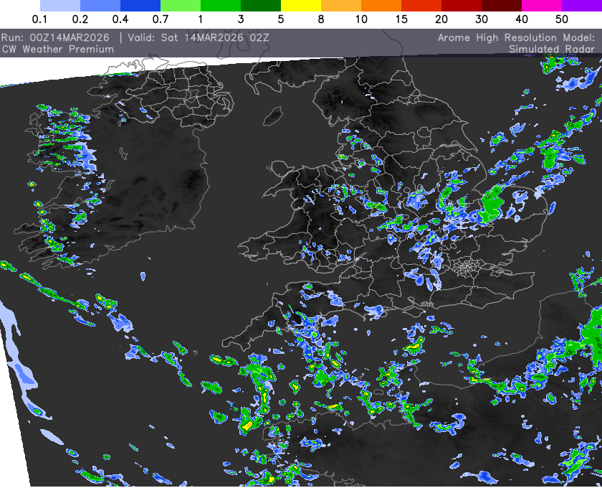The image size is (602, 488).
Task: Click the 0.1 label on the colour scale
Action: pos(40,19)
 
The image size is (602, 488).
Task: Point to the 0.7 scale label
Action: pos(161,19)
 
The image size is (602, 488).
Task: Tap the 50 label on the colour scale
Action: pos(562,19)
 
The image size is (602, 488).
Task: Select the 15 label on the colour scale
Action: pos(401,19)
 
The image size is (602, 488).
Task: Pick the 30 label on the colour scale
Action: pos(482,19)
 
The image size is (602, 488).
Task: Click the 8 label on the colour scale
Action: pos(321,19)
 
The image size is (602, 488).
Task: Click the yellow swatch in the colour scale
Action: pos(301,4)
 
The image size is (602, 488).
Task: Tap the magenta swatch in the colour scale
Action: pos(542,4)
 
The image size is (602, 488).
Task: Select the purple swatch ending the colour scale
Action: pos(582,4)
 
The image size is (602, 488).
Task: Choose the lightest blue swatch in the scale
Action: pos(60,4)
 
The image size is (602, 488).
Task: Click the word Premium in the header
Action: pos(90,49)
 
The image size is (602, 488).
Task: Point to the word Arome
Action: pos(454,37)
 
